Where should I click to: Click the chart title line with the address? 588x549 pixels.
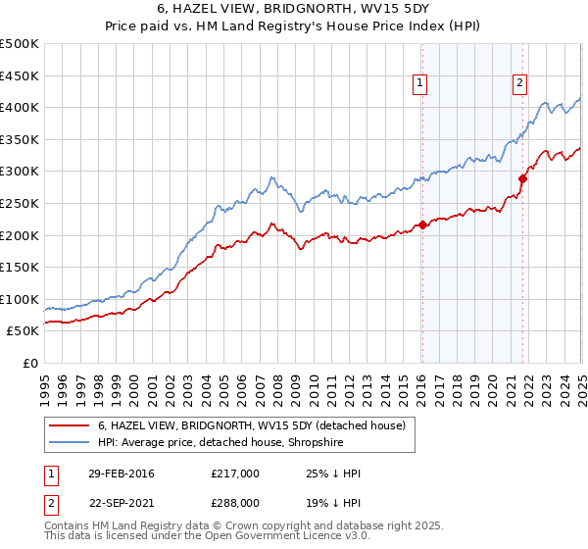click(x=293, y=10)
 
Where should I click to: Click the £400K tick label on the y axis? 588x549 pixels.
click(x=20, y=107)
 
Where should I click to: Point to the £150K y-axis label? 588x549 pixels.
click(x=20, y=267)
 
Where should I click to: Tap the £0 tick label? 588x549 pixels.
click(x=29, y=363)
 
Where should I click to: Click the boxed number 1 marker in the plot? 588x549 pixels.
click(x=418, y=84)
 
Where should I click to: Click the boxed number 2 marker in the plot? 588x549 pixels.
click(x=518, y=84)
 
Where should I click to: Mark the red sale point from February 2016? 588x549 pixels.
click(x=422, y=225)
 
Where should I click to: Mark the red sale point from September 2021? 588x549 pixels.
click(x=522, y=178)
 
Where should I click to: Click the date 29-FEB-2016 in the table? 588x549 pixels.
click(x=120, y=474)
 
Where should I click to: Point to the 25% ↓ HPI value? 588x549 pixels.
click(x=332, y=474)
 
